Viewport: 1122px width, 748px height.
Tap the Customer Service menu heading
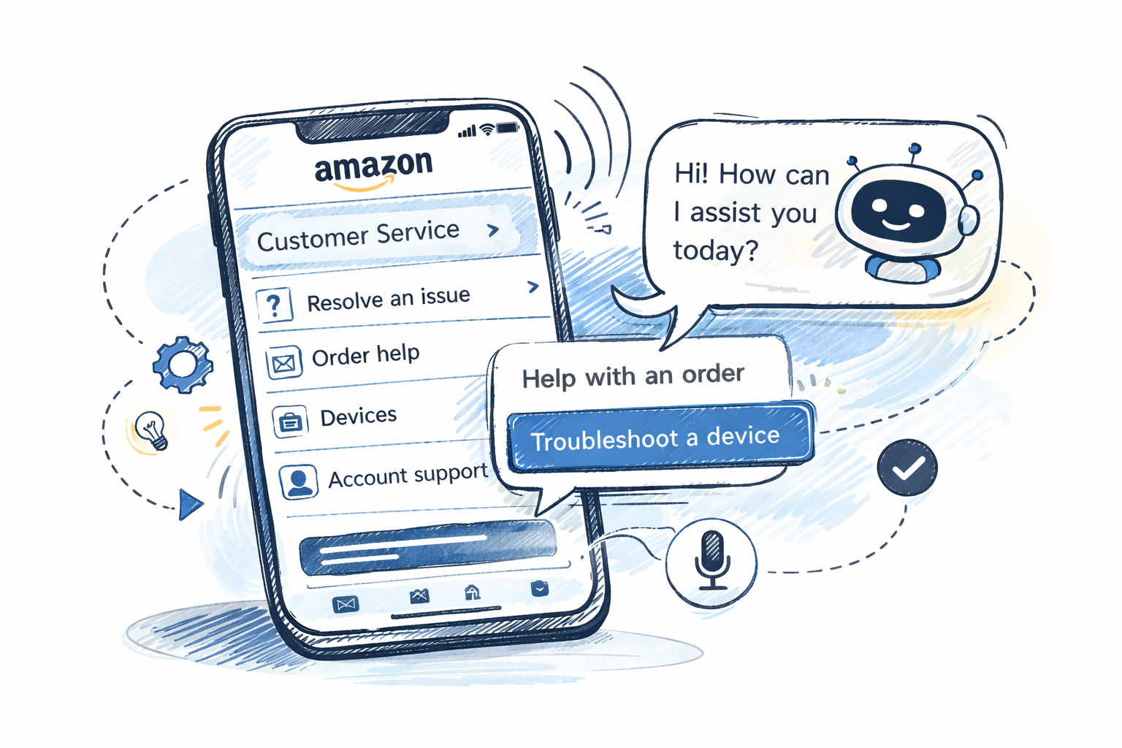click(x=358, y=235)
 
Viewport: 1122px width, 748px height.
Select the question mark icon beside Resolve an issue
click(x=275, y=304)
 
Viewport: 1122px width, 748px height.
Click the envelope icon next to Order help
click(x=283, y=362)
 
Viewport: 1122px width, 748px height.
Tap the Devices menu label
click(x=358, y=416)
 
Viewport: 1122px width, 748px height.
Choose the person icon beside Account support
click(x=298, y=481)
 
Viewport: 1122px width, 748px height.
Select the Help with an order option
click(x=633, y=376)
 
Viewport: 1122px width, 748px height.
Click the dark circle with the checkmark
click(x=907, y=467)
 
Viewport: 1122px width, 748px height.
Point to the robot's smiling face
click(x=898, y=211)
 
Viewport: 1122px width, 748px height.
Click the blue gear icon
click(x=182, y=364)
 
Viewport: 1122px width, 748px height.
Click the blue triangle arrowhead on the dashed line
click(x=190, y=504)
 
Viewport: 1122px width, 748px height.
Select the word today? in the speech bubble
click(x=715, y=251)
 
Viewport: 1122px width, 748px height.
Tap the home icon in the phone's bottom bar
click(x=473, y=592)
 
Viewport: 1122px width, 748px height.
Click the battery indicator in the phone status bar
click(x=507, y=129)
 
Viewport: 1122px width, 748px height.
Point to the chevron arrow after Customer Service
click(x=493, y=229)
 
